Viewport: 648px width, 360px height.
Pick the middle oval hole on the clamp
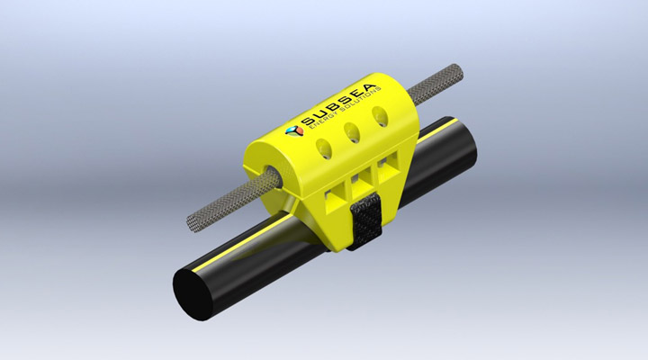tap(353, 132)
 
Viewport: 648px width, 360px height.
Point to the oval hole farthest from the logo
tap(382, 117)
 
